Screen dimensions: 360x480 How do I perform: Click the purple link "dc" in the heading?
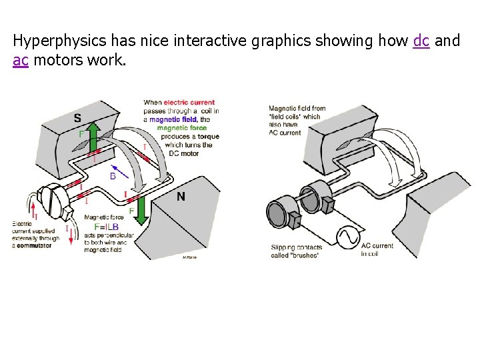(x=421, y=41)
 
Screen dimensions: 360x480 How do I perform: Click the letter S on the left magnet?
(x=78, y=118)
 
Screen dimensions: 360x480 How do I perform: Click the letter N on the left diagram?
(x=181, y=196)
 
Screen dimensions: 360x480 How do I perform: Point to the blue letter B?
(x=113, y=176)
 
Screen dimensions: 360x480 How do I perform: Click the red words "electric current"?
(x=189, y=103)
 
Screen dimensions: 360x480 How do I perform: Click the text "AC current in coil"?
(x=377, y=249)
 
